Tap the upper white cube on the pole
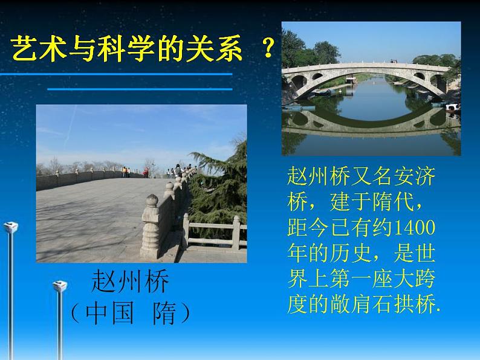pyautogui.click(x=10, y=227)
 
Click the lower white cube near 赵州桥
pyautogui.click(x=59, y=286)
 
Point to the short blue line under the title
pyautogui.click(x=140, y=89)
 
